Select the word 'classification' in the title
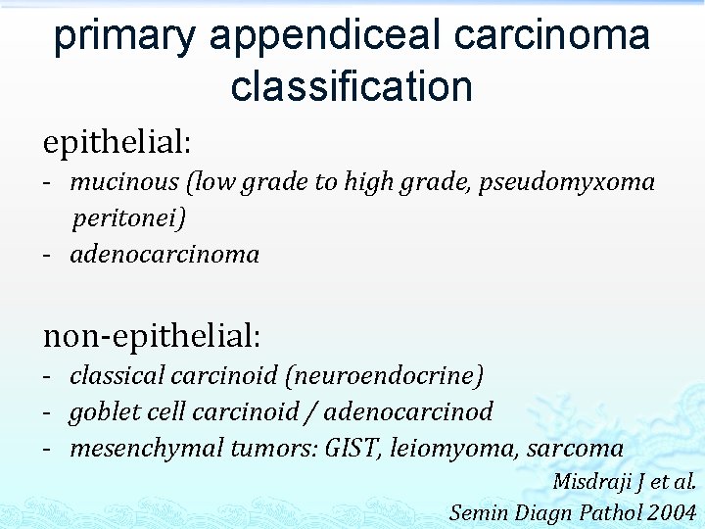(352, 86)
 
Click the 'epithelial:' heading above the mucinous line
(117, 142)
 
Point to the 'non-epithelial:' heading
(152, 336)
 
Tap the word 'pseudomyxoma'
(567, 182)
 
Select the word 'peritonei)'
(128, 217)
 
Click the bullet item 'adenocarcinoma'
(164, 255)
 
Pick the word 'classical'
(117, 375)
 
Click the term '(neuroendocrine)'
(397, 375)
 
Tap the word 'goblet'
(97, 412)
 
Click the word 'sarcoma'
(575, 449)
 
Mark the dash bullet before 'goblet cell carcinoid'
(48, 412)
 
